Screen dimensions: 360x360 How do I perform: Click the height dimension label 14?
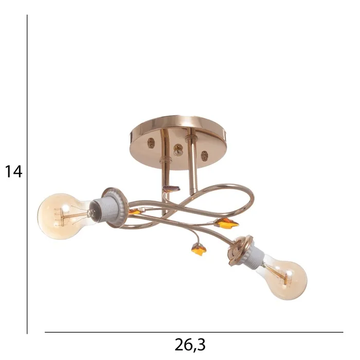pos(13,171)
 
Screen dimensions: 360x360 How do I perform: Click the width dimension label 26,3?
pos(190,345)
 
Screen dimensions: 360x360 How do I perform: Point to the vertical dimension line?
pos(27,174)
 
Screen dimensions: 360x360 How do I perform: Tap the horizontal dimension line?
pos(194,332)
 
